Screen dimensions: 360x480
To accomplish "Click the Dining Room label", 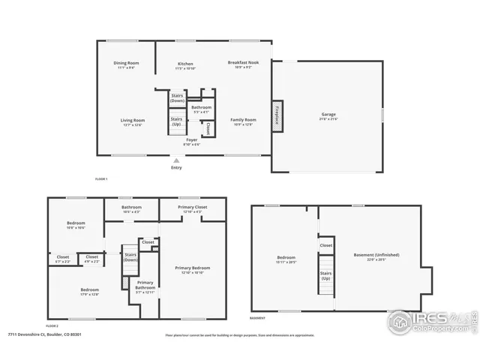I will pyautogui.click(x=126, y=63).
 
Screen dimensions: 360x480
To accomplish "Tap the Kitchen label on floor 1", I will pyautogui.click(x=185, y=64).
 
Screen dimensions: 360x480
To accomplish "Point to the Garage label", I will pyautogui.click(x=329, y=115).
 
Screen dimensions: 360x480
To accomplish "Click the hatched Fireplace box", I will pyautogui.click(x=277, y=117).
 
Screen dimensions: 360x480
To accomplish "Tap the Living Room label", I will pyautogui.click(x=133, y=120).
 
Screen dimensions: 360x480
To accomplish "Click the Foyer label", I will pyautogui.click(x=192, y=140).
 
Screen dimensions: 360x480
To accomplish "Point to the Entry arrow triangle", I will pyautogui.click(x=176, y=160).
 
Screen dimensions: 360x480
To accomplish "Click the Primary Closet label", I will pyautogui.click(x=192, y=207).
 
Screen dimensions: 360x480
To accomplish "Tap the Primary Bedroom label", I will pyautogui.click(x=193, y=268).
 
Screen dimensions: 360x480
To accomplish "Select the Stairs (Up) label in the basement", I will pyautogui.click(x=326, y=276).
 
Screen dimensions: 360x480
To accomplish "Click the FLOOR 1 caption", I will pyautogui.click(x=101, y=179).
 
